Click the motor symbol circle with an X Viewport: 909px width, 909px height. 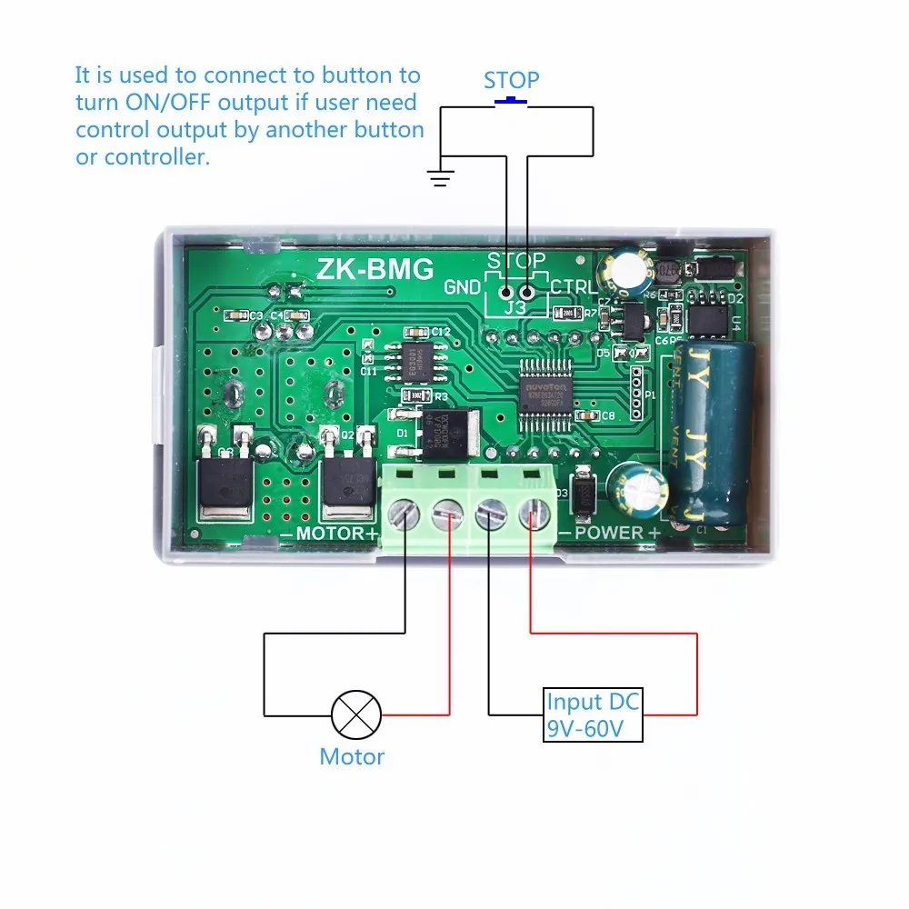(x=356, y=715)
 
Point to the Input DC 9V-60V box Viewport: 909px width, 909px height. (x=593, y=715)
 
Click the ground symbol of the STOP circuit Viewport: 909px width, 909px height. (x=440, y=176)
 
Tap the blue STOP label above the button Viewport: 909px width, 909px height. (x=511, y=80)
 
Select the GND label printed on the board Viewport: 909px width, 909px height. (x=462, y=288)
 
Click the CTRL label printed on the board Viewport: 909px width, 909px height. (x=574, y=288)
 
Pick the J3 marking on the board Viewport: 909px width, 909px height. (x=515, y=308)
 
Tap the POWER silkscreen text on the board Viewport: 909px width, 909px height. (x=609, y=533)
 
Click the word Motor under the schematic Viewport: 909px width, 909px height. (x=352, y=756)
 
